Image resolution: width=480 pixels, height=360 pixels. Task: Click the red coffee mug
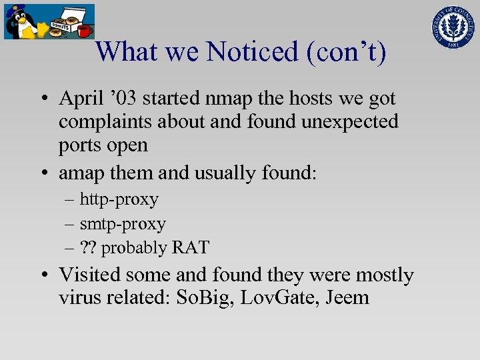pyautogui.click(x=84, y=31)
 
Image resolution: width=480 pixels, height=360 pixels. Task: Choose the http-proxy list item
pyautogui.click(x=119, y=199)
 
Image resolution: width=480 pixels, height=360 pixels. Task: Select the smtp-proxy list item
pyautogui.click(x=123, y=223)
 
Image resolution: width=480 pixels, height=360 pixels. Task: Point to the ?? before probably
pyautogui.click(x=88, y=248)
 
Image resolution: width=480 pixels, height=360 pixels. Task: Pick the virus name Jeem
pyautogui.click(x=347, y=297)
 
